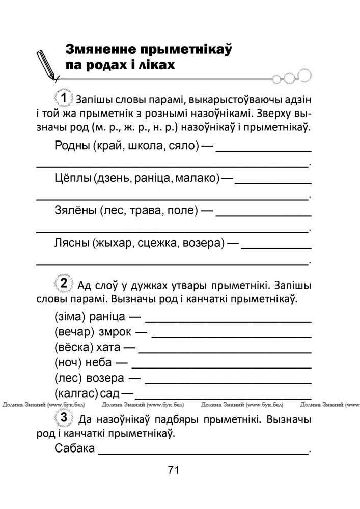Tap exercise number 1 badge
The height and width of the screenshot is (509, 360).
click(x=63, y=97)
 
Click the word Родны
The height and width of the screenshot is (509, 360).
click(x=71, y=147)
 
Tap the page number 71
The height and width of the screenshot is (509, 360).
click(x=173, y=470)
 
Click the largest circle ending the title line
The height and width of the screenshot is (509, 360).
click(x=304, y=77)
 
